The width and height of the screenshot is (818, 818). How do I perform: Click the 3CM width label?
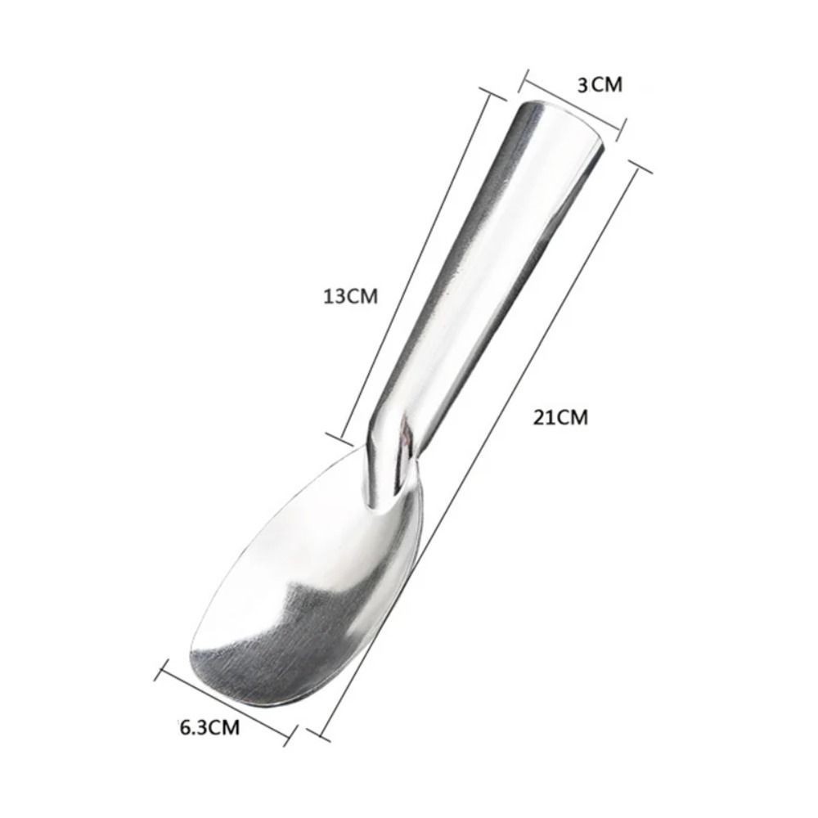click(x=600, y=83)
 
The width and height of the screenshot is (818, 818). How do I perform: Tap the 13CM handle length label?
click(x=350, y=296)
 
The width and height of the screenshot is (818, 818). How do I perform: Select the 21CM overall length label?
click(x=560, y=417)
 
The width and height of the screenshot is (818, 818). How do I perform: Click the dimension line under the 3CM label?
click(x=573, y=102)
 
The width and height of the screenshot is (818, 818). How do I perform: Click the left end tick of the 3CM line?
click(x=525, y=79)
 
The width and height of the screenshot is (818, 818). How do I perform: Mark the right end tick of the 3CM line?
click(x=623, y=125)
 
